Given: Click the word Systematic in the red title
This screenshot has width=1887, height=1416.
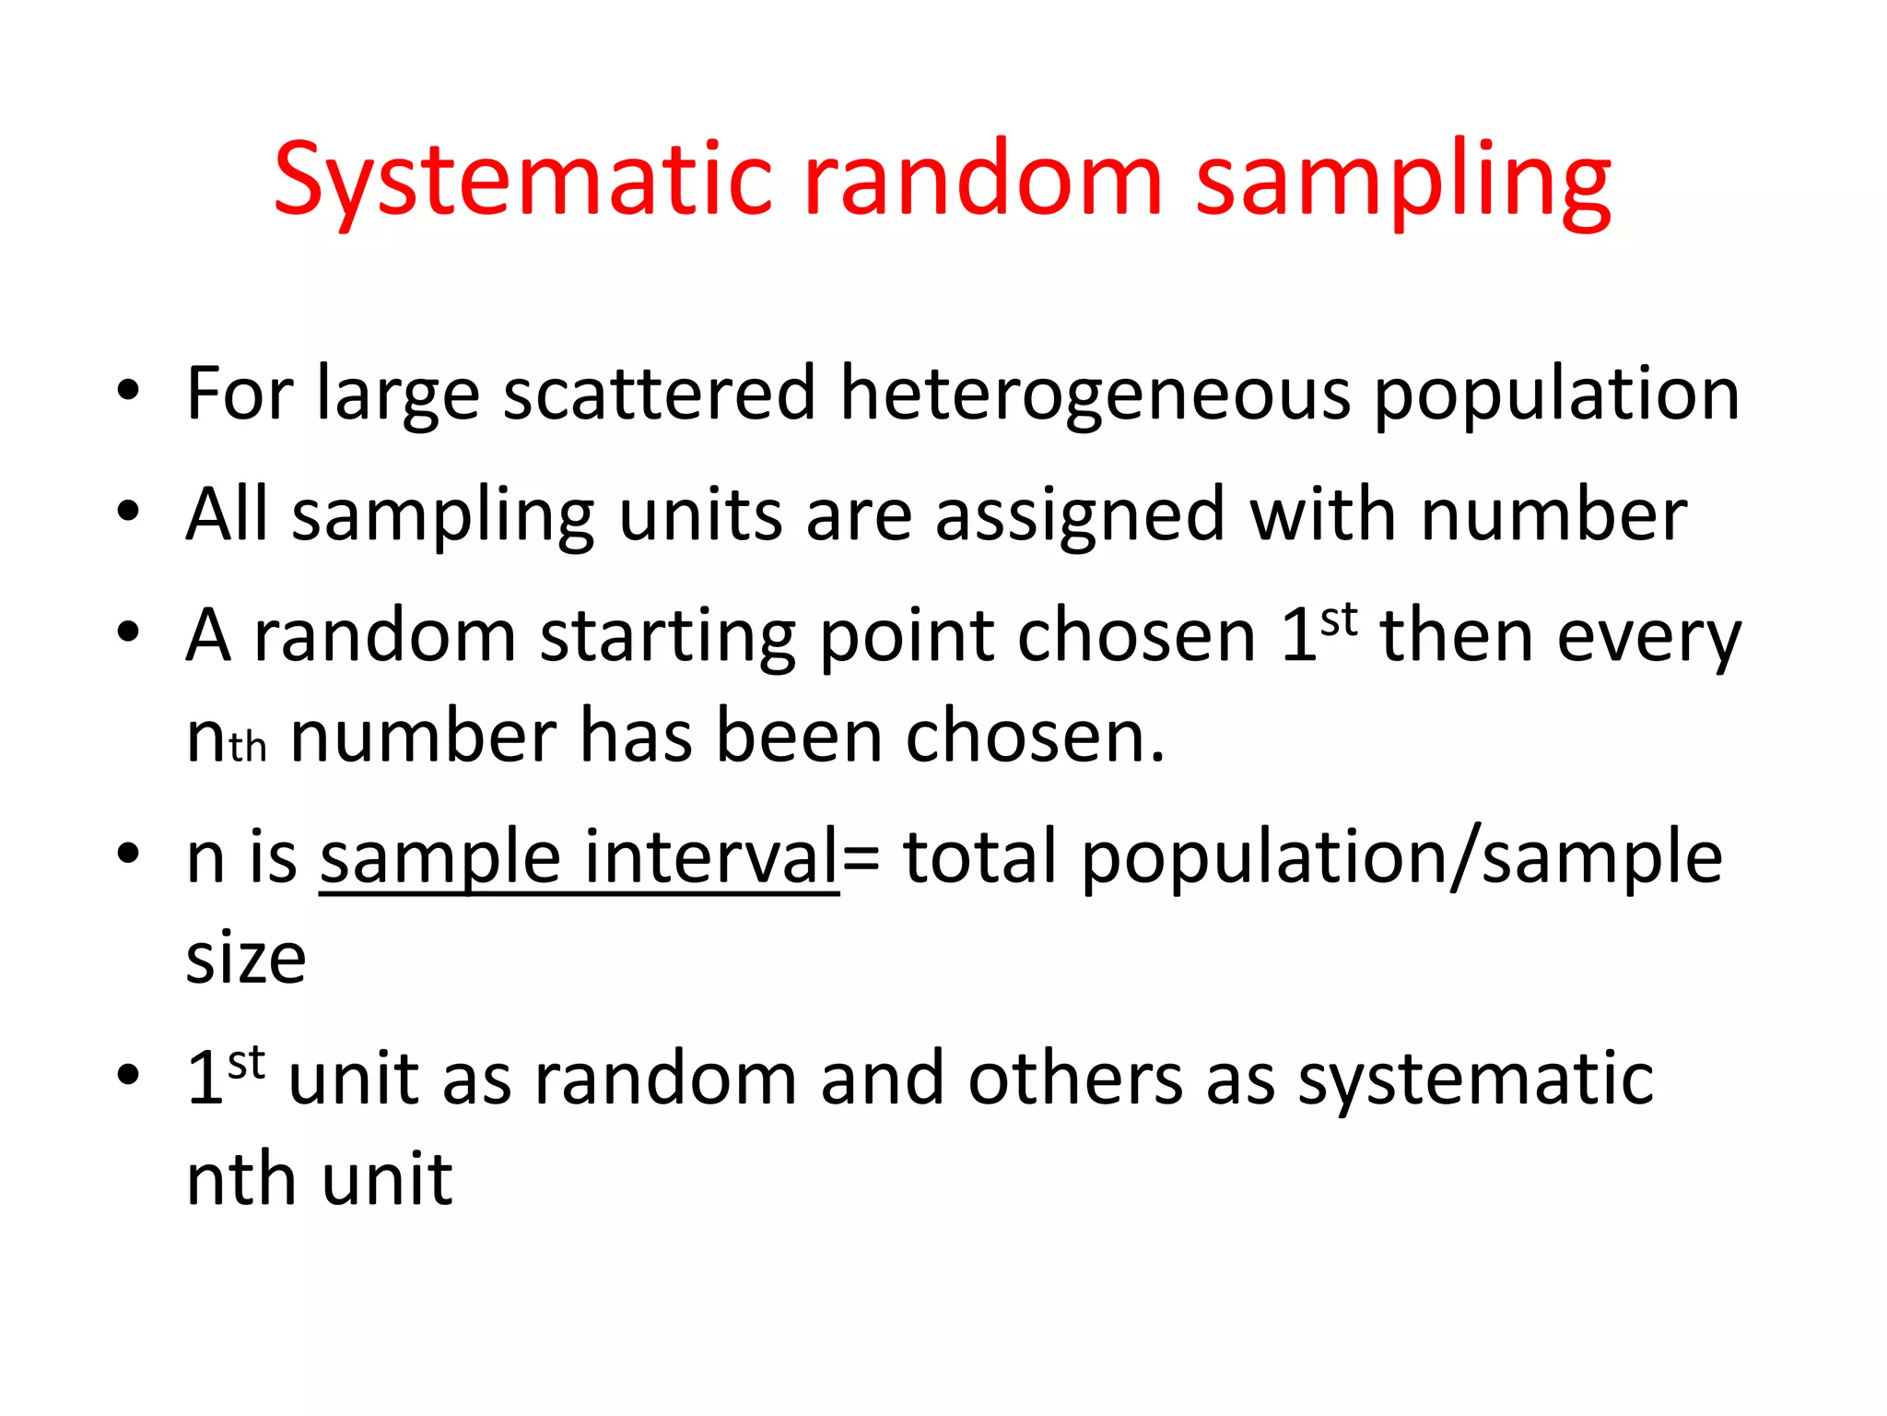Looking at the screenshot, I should click(522, 181).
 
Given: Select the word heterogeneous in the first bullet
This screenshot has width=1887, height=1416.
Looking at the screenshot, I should click(1095, 395).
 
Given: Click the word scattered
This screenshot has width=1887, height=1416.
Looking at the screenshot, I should click(659, 395).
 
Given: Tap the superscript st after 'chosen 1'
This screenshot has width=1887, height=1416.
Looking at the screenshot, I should click(1339, 619).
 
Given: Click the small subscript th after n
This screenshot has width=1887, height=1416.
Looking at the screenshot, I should click(248, 748).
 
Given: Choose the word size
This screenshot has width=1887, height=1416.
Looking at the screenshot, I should click(246, 959).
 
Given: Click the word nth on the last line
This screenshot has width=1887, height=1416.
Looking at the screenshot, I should click(241, 1180).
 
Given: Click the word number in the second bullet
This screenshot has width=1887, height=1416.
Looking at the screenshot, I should click(1553, 514).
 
